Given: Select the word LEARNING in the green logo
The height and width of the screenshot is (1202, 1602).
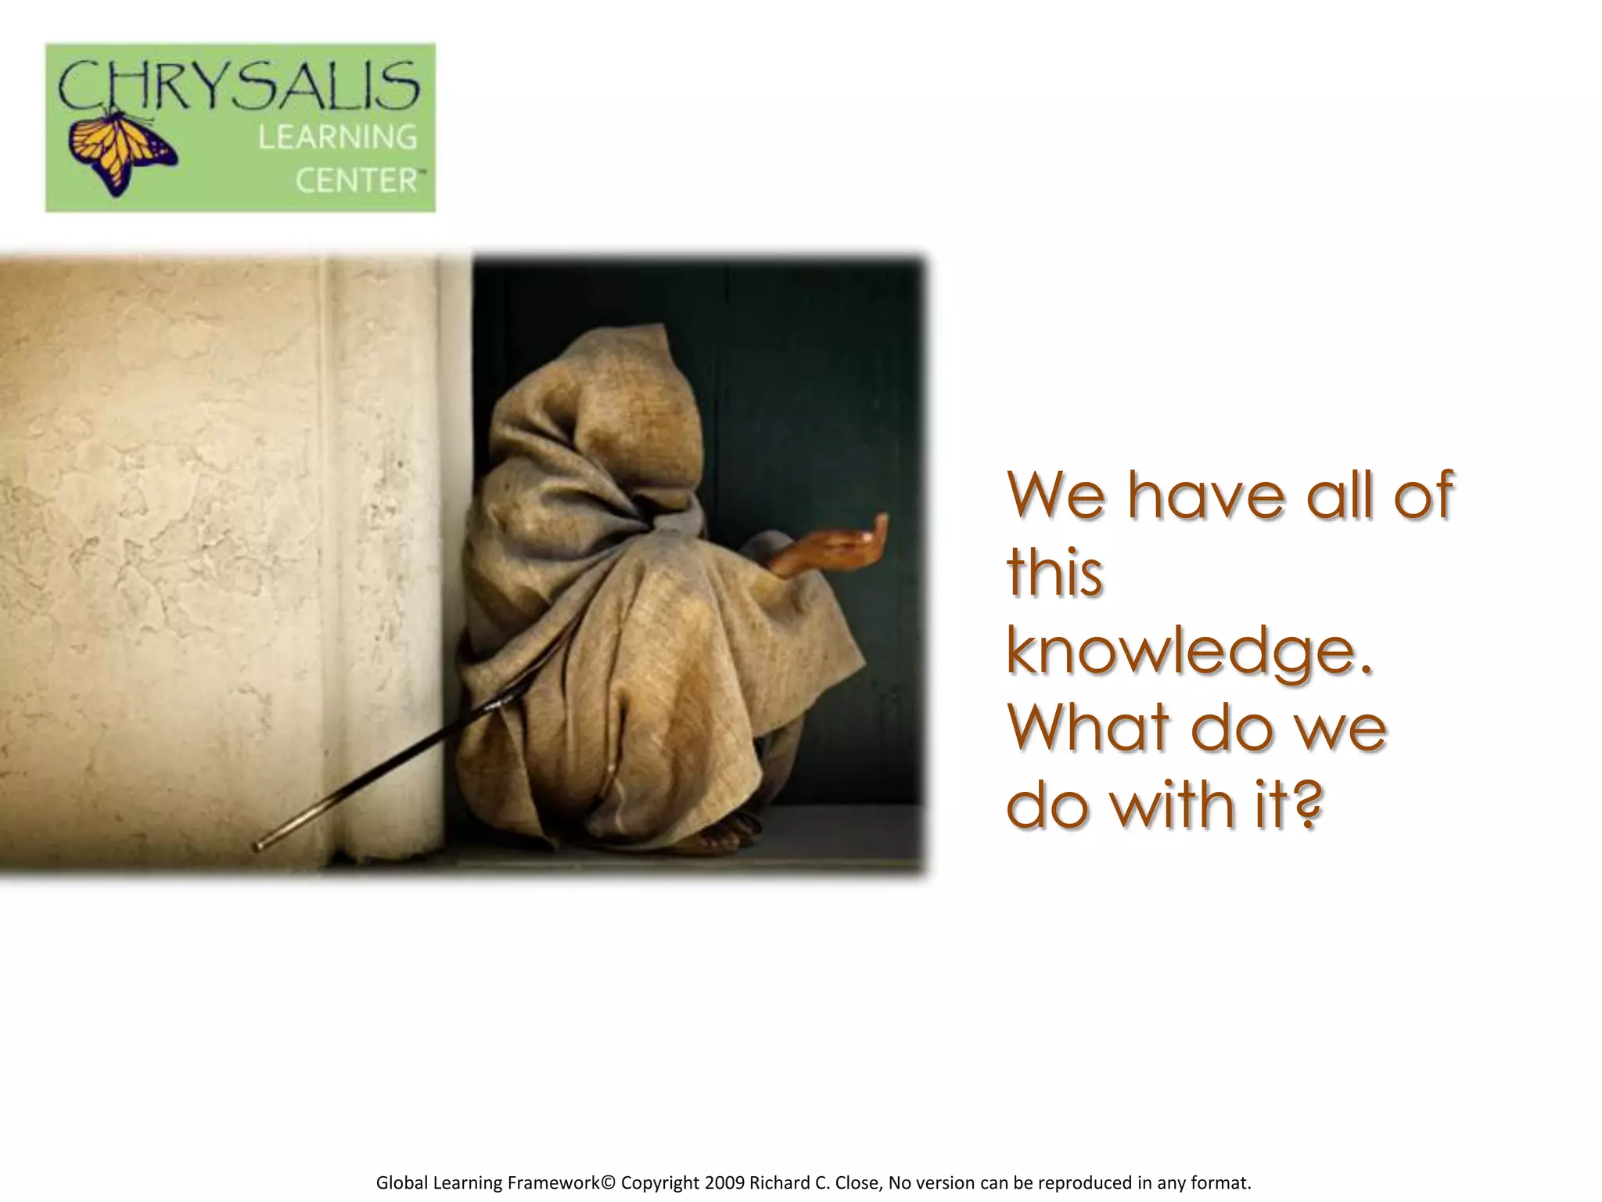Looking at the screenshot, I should point(338,138).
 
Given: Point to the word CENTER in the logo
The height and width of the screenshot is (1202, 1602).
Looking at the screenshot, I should point(357,181).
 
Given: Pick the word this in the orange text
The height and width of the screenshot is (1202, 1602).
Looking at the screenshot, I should point(1054,573).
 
